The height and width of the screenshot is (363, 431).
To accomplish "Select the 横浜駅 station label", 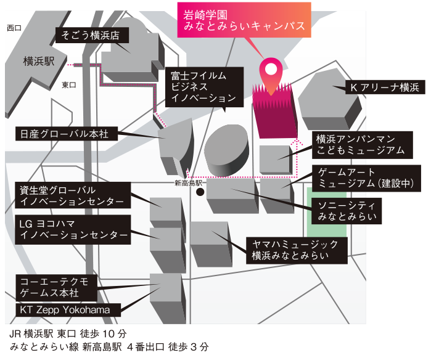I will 38,61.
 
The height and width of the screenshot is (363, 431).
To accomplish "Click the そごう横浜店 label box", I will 89,35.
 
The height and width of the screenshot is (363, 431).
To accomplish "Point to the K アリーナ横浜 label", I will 384,88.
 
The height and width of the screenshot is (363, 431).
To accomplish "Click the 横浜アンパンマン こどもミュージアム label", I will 360,144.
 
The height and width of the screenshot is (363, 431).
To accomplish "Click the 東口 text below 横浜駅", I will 68,86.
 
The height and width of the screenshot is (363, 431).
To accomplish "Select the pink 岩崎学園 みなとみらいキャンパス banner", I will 244,20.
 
